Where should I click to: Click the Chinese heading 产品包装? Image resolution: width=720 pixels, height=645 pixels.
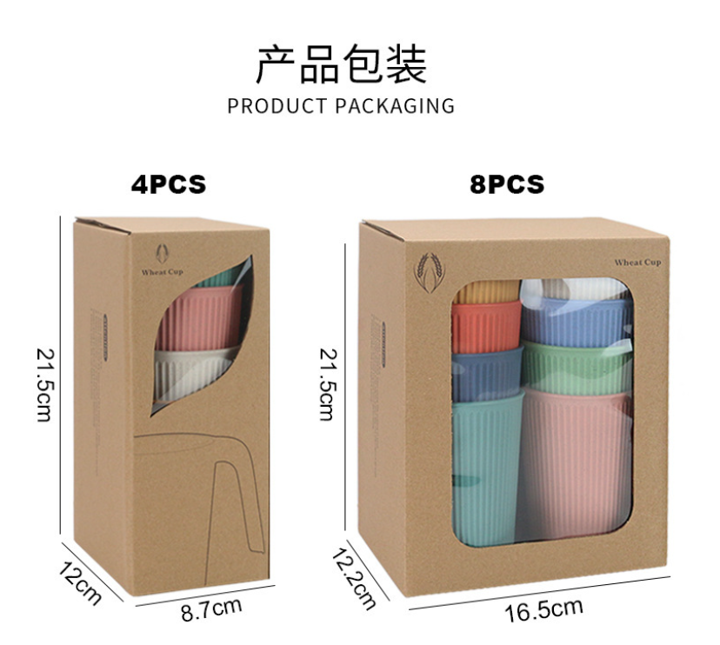341,64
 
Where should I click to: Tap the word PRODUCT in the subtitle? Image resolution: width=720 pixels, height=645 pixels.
277,106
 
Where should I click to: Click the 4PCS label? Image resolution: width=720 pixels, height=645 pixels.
169,184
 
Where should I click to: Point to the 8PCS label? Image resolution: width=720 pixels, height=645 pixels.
507,184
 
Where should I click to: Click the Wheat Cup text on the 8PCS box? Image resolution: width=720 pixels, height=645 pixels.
637,263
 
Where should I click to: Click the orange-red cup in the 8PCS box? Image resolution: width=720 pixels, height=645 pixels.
484,327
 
